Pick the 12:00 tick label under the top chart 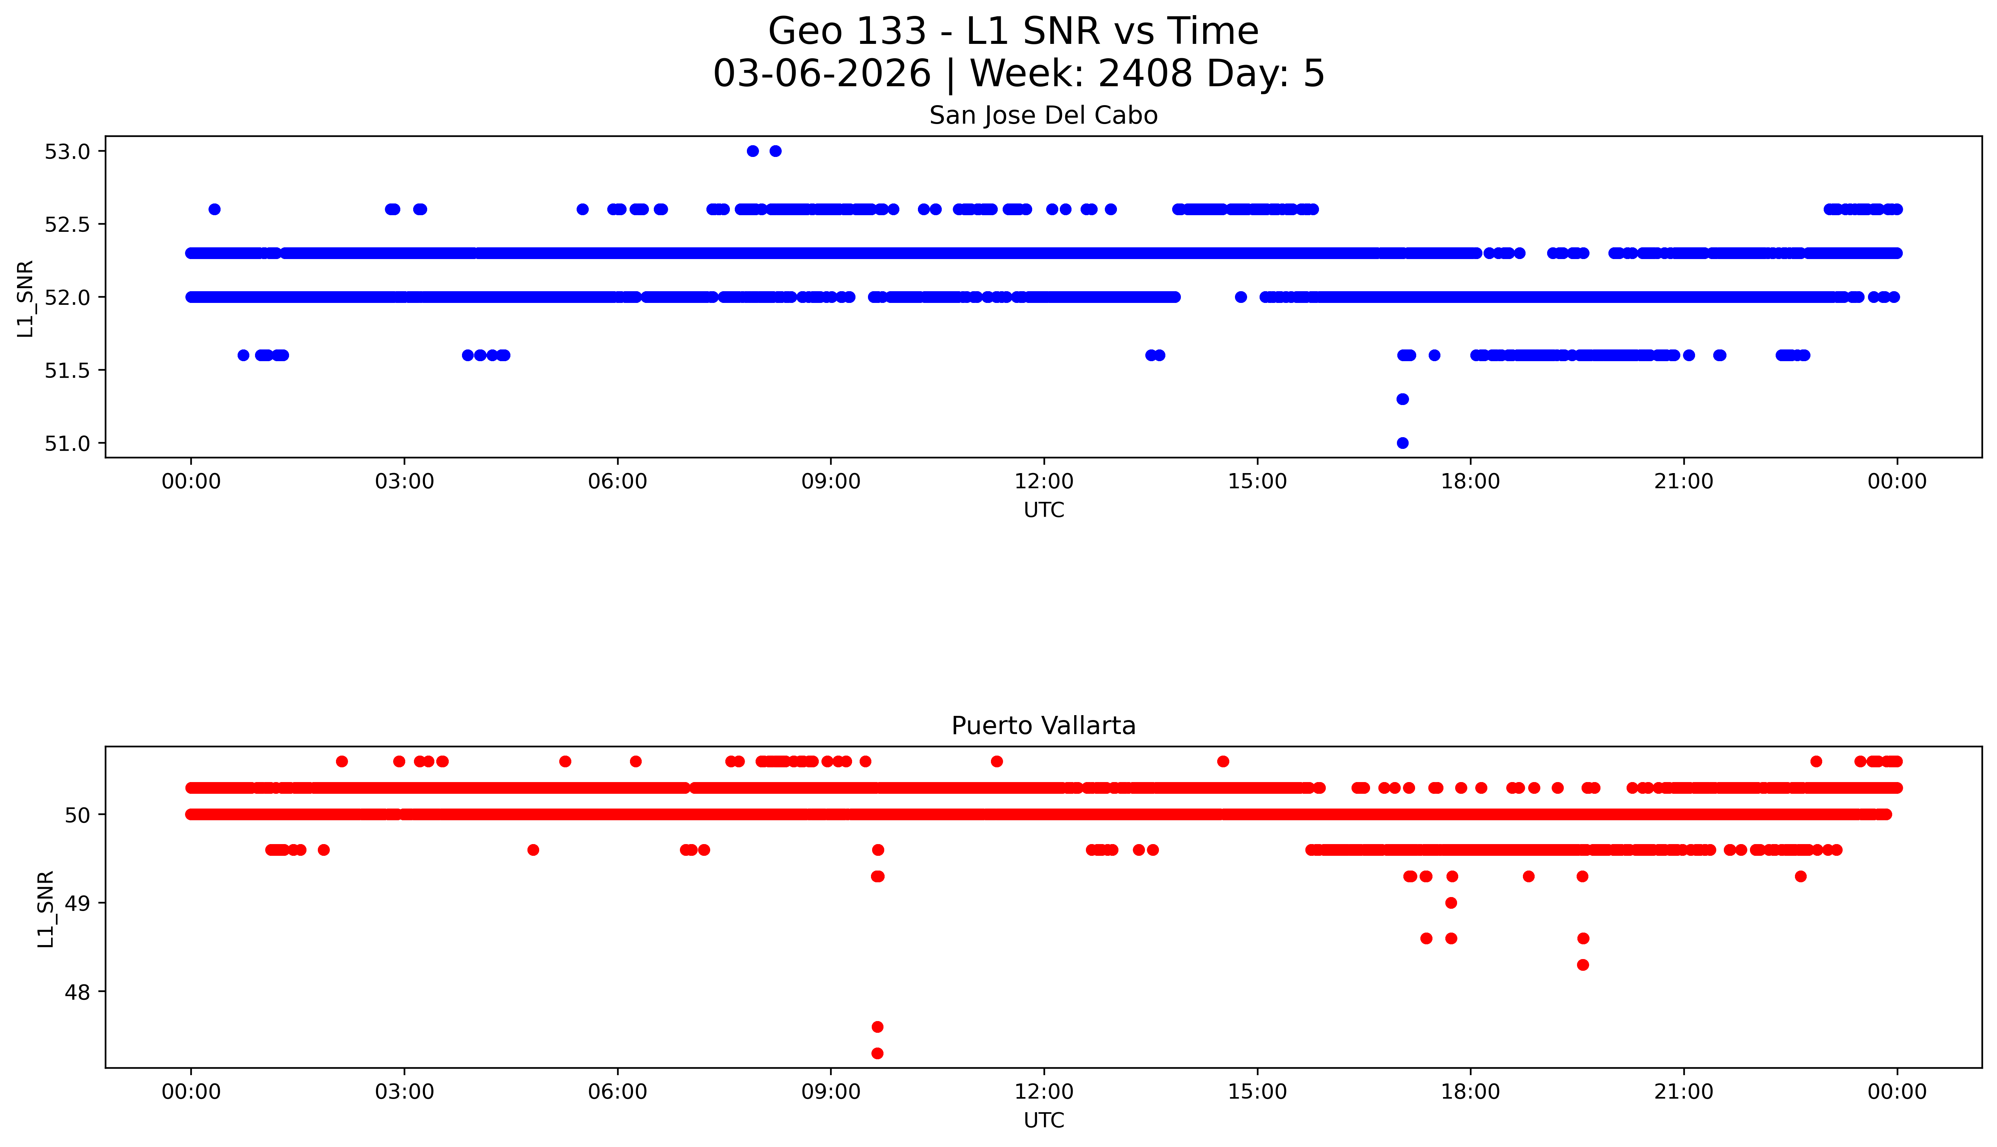(x=1044, y=481)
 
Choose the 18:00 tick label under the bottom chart (x=1470, y=1092)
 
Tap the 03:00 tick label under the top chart (x=404, y=481)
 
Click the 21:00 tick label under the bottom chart (x=1683, y=1092)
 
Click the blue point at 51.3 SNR (x=1402, y=399)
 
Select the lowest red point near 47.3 (x=877, y=1053)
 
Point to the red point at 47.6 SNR (x=877, y=1026)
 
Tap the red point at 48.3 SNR (x=1582, y=965)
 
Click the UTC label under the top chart (x=1044, y=511)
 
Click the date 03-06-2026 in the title (x=821, y=74)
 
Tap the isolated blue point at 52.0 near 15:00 (x=1240, y=297)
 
